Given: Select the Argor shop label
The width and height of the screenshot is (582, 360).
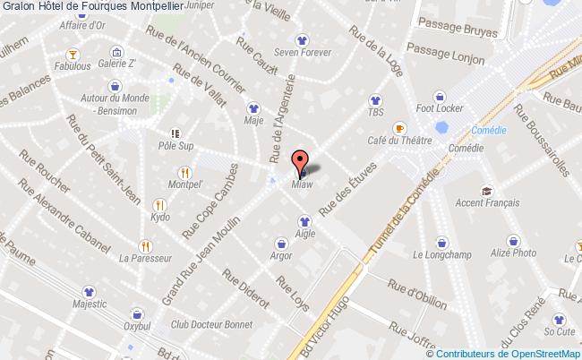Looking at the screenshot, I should (281, 254).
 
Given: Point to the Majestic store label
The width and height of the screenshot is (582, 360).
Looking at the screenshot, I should (89, 305).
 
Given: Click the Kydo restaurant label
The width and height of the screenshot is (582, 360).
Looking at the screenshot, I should (161, 218).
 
